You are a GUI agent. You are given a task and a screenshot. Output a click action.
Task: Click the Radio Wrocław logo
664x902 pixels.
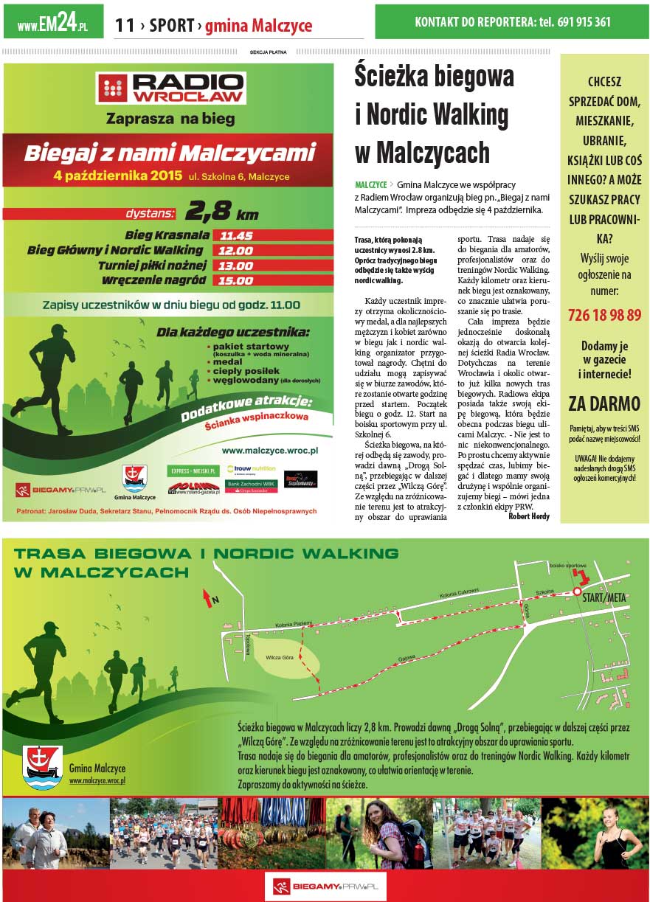coord(171,88)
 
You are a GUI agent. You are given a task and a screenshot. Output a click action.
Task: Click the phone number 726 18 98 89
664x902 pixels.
coord(604,315)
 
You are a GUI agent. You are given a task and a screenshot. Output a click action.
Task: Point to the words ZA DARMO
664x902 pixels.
coord(604,403)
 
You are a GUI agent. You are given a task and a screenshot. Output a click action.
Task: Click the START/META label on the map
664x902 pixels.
coord(604,597)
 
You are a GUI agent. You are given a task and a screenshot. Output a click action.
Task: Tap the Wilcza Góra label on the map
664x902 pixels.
coord(280,656)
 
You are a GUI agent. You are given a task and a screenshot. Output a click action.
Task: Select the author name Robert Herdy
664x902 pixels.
coord(529,516)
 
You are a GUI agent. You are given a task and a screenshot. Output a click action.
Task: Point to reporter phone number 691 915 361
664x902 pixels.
coord(583,22)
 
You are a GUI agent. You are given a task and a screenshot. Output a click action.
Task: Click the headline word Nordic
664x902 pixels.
coord(397,115)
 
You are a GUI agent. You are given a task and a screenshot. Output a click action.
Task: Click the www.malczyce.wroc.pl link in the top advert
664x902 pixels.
coord(269,449)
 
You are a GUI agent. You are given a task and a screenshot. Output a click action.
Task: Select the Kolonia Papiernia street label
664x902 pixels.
coord(292,623)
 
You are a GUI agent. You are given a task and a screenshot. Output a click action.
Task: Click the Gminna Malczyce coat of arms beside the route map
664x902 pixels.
coord(42,767)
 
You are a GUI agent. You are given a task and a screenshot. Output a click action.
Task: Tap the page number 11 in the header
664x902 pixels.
coord(125,26)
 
